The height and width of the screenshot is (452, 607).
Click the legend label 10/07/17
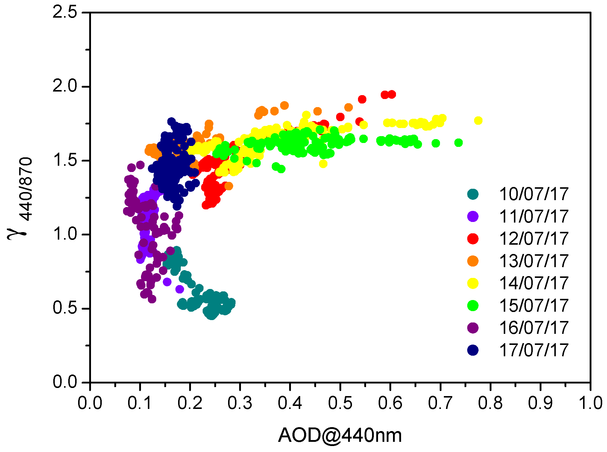coord(534,194)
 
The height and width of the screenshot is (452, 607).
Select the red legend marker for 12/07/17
coord(473,238)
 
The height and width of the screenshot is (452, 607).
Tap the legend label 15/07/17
coord(534,305)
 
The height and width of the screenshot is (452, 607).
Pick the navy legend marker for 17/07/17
coord(473,350)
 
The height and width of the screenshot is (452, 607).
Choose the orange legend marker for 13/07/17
coord(473,261)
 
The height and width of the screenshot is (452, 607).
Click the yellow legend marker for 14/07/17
coord(473,283)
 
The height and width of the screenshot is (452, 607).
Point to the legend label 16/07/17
coord(534,328)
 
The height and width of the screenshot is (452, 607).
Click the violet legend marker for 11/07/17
coord(473,216)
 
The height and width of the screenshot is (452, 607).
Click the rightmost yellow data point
coord(478,121)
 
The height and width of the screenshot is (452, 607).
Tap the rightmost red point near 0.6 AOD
coord(391,95)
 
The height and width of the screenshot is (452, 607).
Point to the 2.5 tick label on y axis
coord(65,13)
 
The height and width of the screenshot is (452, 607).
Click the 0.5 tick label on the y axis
coord(65,308)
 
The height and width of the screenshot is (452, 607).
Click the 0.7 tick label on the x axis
coord(440,403)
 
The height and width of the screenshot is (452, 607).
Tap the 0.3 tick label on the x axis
coord(240,403)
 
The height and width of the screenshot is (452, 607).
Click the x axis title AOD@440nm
coord(340,435)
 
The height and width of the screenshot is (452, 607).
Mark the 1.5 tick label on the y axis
coord(65,160)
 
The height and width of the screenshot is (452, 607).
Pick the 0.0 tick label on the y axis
coord(65,382)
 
